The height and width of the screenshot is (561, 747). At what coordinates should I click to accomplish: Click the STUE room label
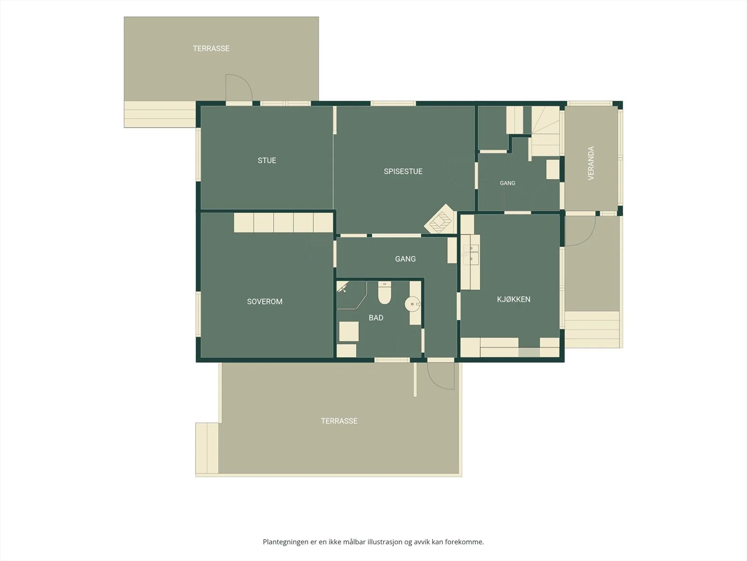pos(267,160)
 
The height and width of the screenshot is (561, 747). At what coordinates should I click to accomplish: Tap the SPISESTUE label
pos(403,171)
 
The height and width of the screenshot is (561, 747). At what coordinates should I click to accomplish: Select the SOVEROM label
pos(264,302)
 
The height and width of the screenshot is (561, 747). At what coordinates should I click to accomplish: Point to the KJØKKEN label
pos(514,299)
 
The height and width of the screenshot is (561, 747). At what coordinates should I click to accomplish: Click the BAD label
pos(376,318)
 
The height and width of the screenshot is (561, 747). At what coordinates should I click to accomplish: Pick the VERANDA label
pos(591,163)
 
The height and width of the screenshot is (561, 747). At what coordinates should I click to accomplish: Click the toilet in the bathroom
pos(385,293)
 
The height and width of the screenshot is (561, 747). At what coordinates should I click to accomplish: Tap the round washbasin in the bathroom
pos(413,304)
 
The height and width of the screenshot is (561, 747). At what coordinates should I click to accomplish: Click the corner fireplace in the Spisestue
pos(440,219)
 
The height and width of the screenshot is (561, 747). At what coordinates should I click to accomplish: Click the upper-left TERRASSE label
pos(211,48)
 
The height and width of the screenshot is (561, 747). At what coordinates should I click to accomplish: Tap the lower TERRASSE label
pos(339,421)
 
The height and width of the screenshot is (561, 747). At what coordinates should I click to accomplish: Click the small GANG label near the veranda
pos(507,183)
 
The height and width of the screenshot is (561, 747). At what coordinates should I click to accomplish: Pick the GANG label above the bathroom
pos(405,259)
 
